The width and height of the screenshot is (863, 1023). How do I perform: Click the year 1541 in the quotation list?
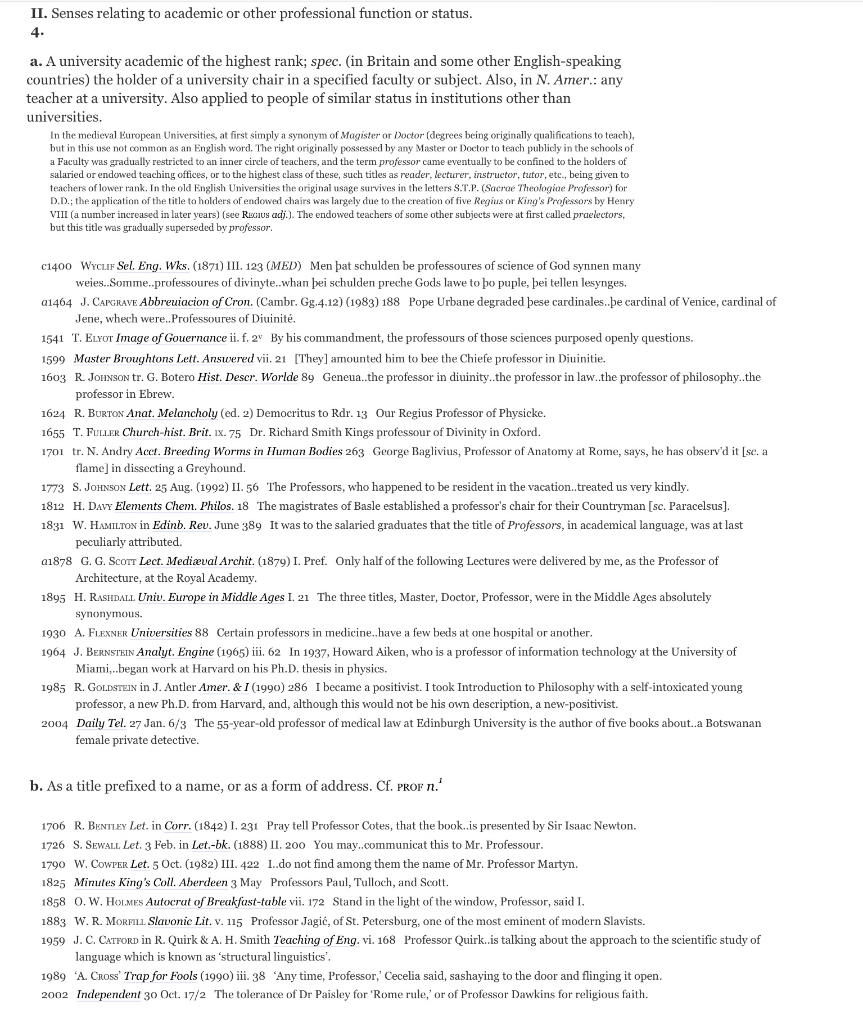(53, 338)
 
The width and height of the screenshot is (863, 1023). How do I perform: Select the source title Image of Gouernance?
(171, 338)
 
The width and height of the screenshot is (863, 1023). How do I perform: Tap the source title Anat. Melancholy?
(172, 414)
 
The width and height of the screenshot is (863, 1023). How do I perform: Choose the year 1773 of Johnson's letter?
(53, 487)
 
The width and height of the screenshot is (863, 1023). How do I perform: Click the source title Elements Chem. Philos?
(174, 506)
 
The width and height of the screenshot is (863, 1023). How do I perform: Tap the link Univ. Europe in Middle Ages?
(211, 598)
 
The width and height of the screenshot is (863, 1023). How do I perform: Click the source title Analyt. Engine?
(175, 652)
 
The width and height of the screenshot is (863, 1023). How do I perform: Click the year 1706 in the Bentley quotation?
(53, 826)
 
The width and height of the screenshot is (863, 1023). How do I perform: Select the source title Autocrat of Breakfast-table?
(216, 902)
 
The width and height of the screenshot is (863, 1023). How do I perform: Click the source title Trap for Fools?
(160, 976)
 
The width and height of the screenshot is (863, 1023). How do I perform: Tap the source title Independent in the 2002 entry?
(109, 995)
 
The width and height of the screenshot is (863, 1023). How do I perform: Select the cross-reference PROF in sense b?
(409, 787)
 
